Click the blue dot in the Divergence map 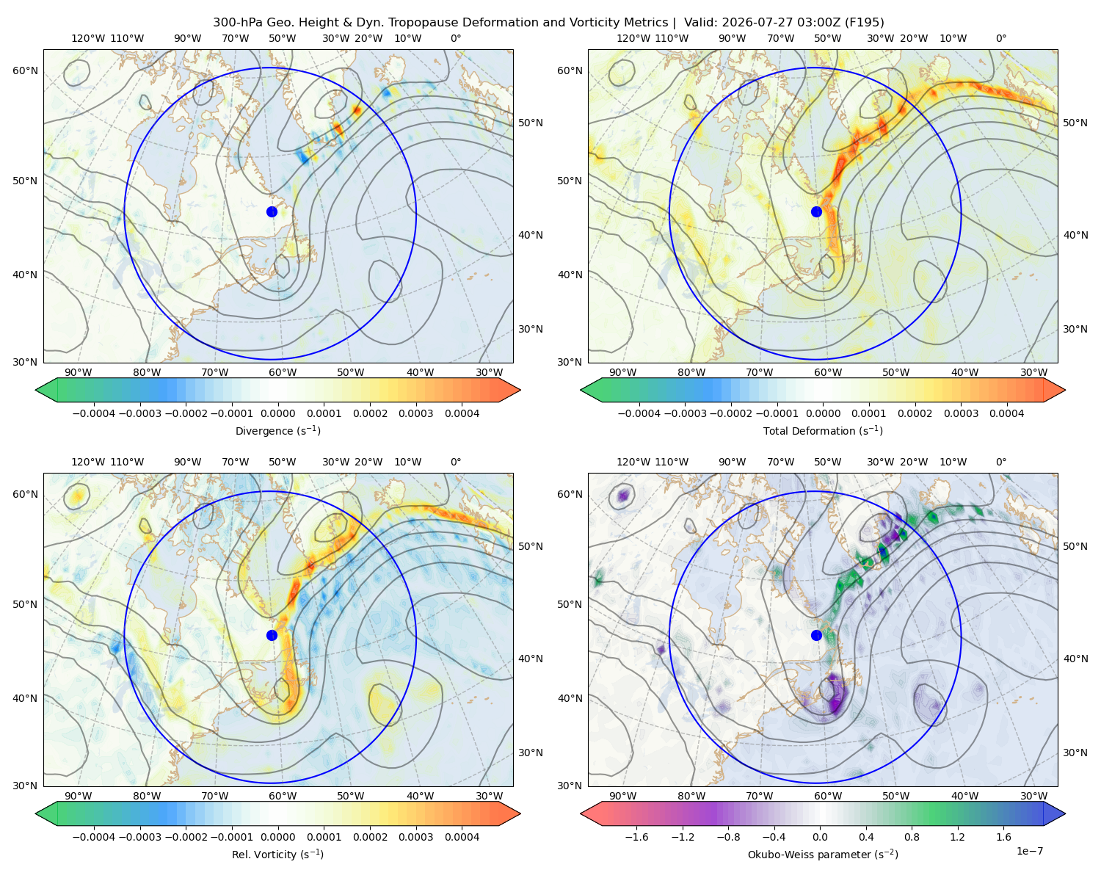[x=272, y=211]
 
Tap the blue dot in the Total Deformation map [x=816, y=211]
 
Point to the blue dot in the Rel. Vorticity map [x=272, y=635]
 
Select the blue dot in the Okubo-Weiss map [x=816, y=635]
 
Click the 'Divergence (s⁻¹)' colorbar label [x=277, y=430]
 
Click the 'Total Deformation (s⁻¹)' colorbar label [x=823, y=430]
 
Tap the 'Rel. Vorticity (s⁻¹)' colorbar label [x=277, y=854]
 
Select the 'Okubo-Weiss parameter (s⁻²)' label [x=823, y=854]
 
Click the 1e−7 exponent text [x=1029, y=851]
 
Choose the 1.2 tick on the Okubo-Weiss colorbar [x=957, y=837]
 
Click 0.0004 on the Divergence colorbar [x=462, y=413]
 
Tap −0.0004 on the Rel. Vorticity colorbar [x=94, y=837]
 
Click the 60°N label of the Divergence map [x=25, y=70]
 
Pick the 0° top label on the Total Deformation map [x=1000, y=38]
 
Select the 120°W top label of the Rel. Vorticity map [x=88, y=462]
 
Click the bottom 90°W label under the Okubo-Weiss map [x=622, y=796]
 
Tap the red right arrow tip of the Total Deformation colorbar [x=1064, y=390]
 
